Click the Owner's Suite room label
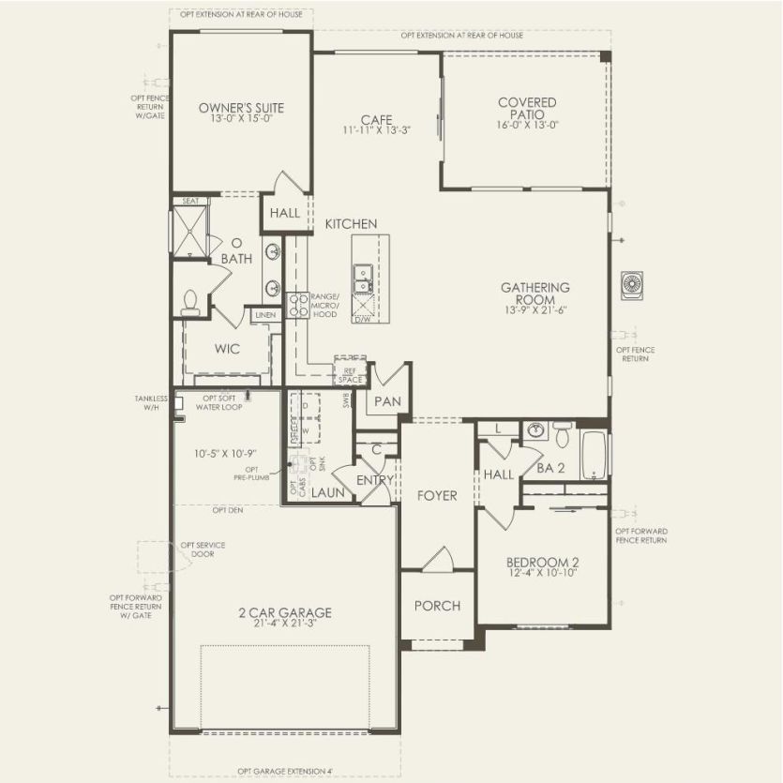coord(241,108)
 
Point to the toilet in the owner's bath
coord(190,301)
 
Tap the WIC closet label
coord(227,349)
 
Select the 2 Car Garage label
coord(284,613)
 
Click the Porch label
coord(438,606)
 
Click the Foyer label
coord(437,495)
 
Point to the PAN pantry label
coord(387,401)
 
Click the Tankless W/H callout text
coord(150,402)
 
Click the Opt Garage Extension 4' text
coord(285,771)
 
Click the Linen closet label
coord(265,315)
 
